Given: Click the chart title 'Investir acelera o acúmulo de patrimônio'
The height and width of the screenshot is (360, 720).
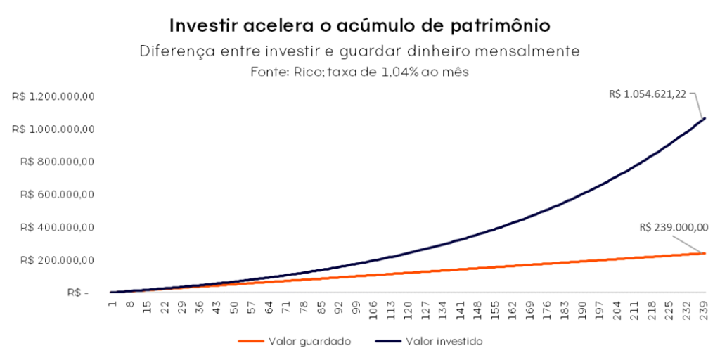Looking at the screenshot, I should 359,25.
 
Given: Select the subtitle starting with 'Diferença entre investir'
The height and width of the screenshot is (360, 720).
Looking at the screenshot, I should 359,51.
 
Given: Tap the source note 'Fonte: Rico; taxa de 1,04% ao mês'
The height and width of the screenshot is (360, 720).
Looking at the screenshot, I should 359,72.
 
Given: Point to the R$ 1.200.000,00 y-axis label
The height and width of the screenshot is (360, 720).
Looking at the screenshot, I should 53,96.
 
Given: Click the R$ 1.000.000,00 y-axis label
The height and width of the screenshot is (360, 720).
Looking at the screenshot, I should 53,129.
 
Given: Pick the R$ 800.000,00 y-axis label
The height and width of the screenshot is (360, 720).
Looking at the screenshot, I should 57,162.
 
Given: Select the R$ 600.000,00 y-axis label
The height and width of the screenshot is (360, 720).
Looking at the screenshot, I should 57,195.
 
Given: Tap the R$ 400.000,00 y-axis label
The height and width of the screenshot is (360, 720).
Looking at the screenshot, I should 57,227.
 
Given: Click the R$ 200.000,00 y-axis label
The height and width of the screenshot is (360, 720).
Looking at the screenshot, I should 57,260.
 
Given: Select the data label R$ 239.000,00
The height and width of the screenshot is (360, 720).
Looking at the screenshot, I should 674,227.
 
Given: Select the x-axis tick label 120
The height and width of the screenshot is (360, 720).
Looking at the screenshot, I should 408,307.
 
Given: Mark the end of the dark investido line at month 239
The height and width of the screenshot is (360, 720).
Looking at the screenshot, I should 705,118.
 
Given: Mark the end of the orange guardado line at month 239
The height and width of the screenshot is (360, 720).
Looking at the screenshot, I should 705,253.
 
